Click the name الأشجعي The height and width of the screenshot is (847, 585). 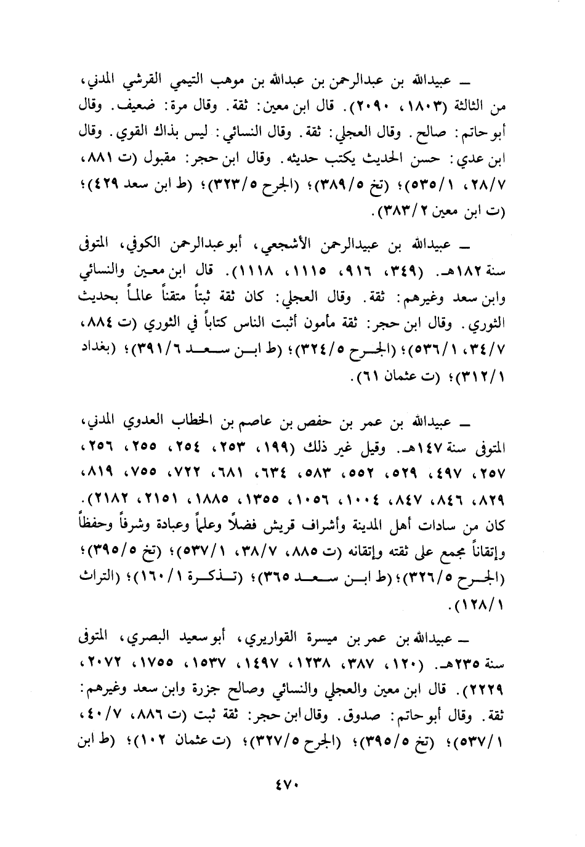(288, 246)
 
